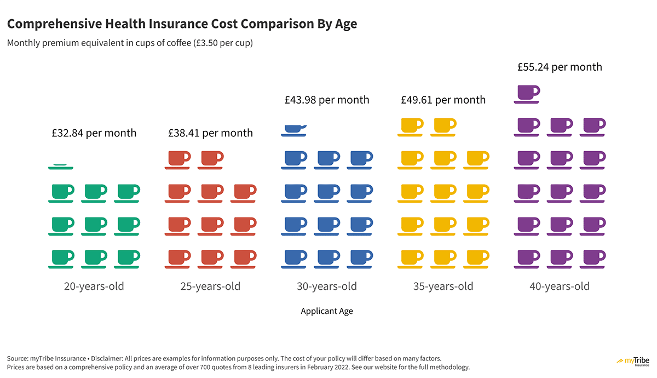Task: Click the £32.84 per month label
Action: click(94, 133)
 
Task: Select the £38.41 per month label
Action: click(210, 133)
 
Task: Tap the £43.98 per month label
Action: click(327, 100)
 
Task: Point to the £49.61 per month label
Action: click(443, 100)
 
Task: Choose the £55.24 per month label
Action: click(560, 67)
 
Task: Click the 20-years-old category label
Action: click(94, 287)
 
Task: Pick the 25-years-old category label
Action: click(210, 287)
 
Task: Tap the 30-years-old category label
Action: click(327, 287)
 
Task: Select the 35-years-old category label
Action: click(443, 287)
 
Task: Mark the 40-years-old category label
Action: click(560, 287)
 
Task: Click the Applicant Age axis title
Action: click(327, 311)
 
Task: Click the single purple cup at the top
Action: click(527, 94)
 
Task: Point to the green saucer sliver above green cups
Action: click(61, 166)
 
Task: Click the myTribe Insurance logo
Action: click(633, 362)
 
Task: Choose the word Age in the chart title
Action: click(345, 24)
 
